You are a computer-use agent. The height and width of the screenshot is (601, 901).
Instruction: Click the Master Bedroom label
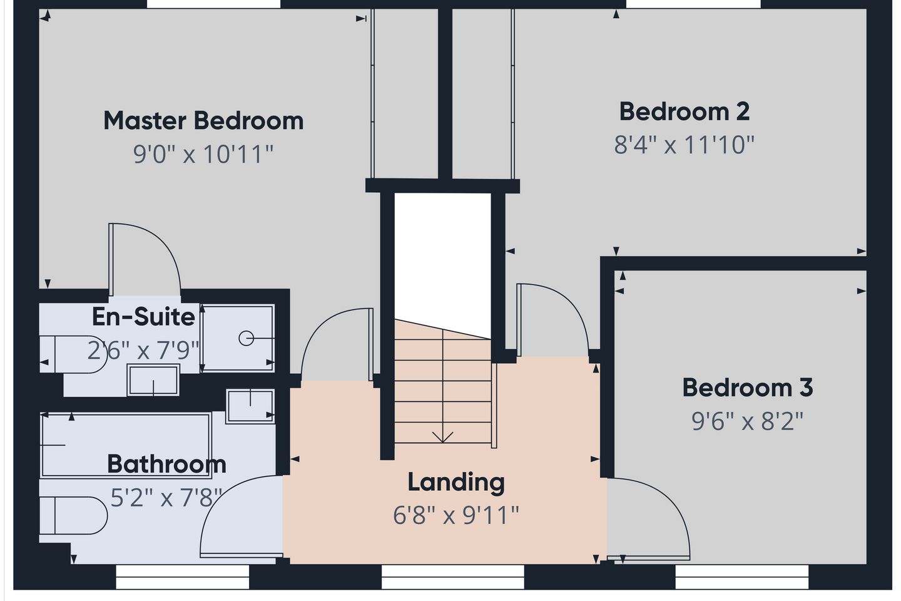pos(203,120)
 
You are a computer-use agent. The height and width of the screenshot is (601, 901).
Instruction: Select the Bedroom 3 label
pos(748,388)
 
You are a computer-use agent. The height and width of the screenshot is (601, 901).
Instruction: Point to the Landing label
pos(456,483)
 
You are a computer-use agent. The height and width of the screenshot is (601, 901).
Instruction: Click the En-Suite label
pos(144,317)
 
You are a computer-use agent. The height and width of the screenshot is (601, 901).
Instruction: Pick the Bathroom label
pos(166,464)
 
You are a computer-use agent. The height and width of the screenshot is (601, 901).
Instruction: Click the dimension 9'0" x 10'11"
pos(203,154)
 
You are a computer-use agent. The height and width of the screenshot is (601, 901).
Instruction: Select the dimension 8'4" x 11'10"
pos(685,145)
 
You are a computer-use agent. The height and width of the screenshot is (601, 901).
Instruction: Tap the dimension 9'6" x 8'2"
pos(747,421)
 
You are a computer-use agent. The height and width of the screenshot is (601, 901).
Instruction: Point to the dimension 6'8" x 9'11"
pos(456,515)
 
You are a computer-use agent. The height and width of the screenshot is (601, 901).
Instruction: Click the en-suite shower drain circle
pos(246,338)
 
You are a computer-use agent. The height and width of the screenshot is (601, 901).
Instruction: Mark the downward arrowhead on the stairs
pos(442,437)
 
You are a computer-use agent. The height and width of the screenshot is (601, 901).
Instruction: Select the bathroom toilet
pos(73,516)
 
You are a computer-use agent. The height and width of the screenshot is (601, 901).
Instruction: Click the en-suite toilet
pos(73,354)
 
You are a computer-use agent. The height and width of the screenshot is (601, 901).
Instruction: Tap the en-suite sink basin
pos(153,379)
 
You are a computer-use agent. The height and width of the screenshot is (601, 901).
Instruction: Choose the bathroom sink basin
pos(250,406)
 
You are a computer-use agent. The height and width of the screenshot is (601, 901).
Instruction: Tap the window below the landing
pos(452,577)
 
